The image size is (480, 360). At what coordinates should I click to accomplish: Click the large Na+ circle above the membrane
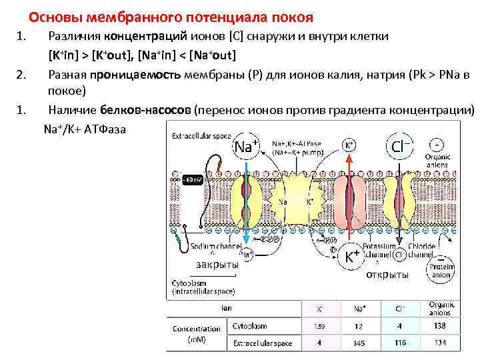(x=246, y=146)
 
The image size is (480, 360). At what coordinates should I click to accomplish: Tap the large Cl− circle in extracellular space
(x=400, y=146)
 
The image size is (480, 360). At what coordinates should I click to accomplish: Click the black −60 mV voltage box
(x=191, y=180)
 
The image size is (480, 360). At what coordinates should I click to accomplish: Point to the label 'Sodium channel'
(x=213, y=247)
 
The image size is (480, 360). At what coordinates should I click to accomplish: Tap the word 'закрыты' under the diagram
(x=217, y=265)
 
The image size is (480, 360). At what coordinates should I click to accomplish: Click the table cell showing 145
(x=359, y=343)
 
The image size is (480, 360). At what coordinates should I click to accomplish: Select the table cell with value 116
(x=400, y=343)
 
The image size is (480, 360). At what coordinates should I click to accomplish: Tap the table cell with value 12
(x=359, y=326)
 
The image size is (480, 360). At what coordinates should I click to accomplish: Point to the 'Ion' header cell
(x=227, y=309)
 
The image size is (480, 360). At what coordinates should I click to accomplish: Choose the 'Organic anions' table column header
(x=441, y=309)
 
